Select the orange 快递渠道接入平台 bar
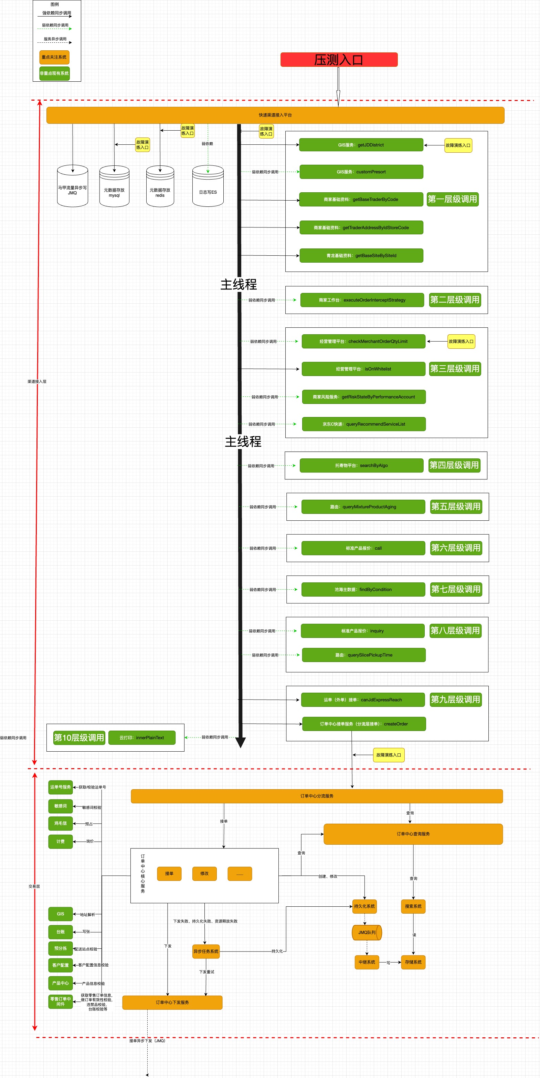275,115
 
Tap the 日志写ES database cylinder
208,187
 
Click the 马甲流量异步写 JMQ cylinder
72,187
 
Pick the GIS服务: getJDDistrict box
361,145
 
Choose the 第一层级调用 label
452,199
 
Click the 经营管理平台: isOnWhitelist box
363,369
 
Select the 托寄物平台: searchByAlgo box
361,465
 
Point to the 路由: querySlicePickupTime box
364,655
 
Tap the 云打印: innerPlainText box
142,738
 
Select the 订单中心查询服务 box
413,834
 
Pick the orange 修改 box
204,873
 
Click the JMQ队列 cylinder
367,932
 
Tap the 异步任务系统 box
205,951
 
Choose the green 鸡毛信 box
61,823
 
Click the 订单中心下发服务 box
172,1002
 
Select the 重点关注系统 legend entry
54,57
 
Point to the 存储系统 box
413,962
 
